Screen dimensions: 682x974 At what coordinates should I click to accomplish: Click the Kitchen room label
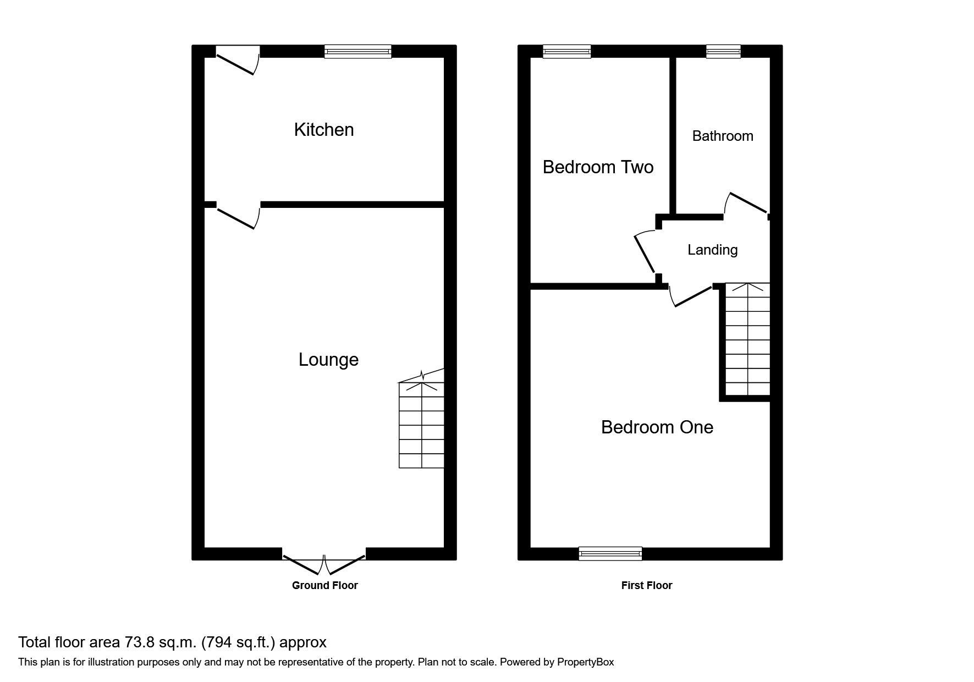324,130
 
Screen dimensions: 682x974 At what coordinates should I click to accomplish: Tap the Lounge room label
328,360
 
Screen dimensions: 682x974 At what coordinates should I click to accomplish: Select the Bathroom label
722,136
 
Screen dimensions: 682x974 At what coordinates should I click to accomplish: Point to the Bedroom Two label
598,167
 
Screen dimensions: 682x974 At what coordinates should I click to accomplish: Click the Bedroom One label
657,427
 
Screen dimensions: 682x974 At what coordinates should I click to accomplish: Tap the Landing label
712,250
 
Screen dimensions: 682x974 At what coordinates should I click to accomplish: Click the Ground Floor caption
324,586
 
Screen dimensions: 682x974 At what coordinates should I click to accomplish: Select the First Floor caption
646,586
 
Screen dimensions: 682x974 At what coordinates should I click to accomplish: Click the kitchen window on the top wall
357,52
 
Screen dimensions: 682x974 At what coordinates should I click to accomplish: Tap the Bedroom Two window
566,52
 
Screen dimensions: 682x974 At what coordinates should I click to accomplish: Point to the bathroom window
723,52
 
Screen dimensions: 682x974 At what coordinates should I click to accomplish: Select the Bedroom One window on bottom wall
610,553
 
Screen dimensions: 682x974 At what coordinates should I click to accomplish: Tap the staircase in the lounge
421,424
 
